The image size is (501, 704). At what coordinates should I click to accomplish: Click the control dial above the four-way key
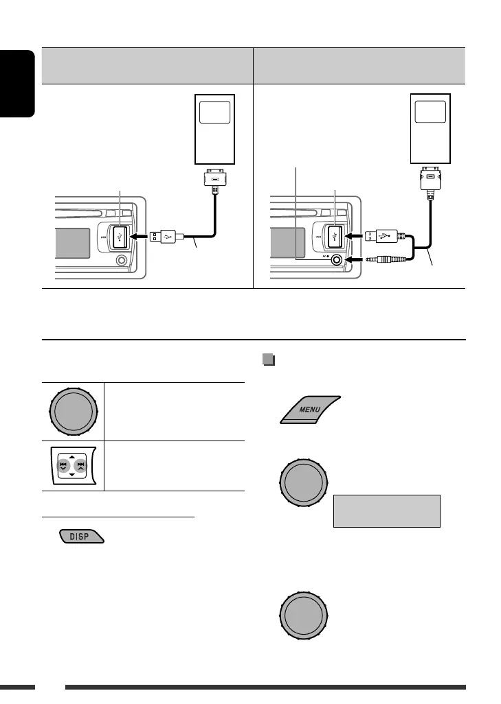71,412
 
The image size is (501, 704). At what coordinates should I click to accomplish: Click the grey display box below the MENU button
386,511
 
